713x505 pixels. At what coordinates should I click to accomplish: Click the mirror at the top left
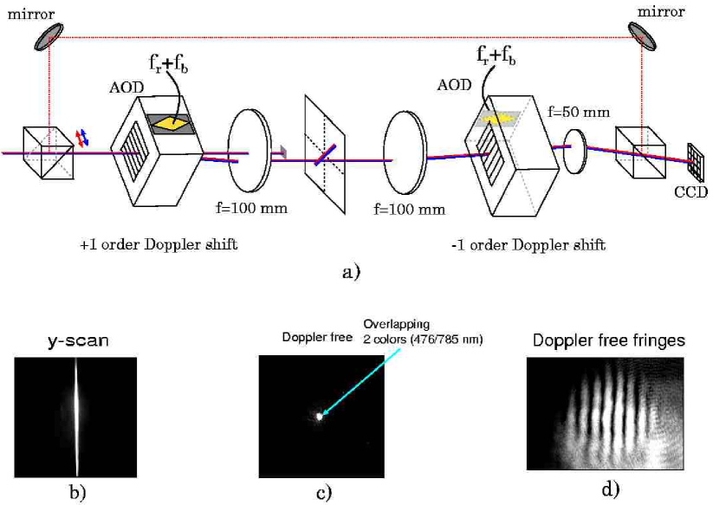(49, 33)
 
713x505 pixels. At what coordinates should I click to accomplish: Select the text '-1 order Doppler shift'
(529, 245)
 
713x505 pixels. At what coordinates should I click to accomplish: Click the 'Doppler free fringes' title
(605, 340)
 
